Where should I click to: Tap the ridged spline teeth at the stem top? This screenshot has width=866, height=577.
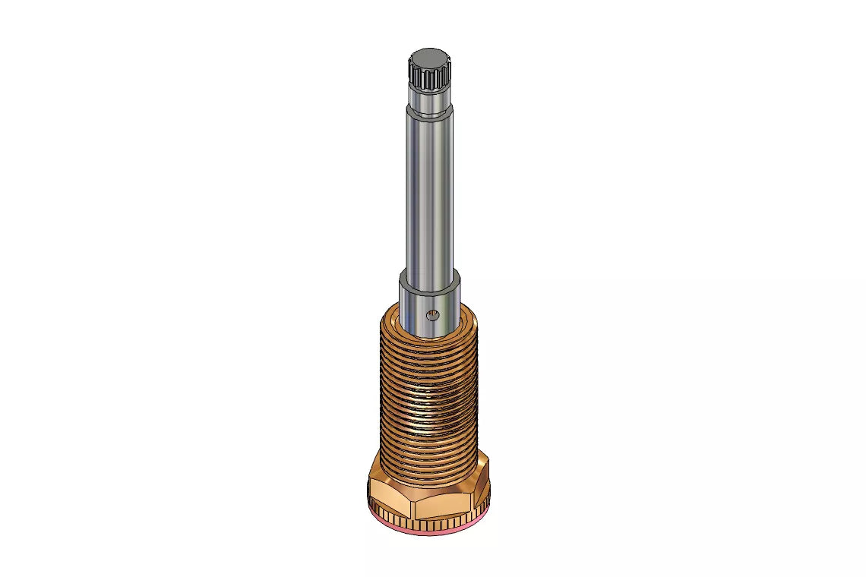point(430,77)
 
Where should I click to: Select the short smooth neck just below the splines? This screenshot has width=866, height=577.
point(430,97)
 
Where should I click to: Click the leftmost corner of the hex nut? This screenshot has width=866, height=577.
point(368,482)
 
